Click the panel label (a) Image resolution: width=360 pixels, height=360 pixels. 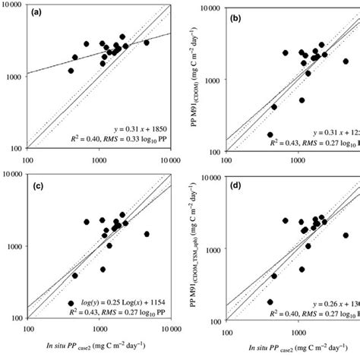[42, 14]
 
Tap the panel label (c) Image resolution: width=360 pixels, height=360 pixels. [41, 185]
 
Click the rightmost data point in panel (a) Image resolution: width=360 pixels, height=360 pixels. [147, 43]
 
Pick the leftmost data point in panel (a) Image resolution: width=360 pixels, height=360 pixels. [71, 71]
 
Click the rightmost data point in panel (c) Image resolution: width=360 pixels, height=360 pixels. [147, 234]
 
